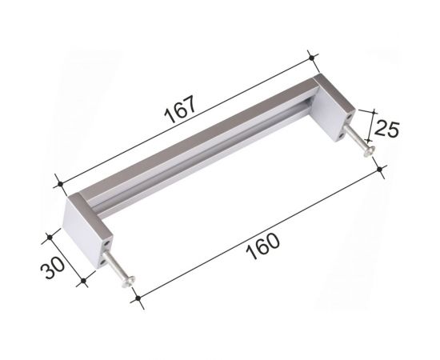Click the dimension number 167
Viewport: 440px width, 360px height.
(179, 110)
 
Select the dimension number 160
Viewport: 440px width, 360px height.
(262, 246)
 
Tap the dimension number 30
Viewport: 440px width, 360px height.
(53, 268)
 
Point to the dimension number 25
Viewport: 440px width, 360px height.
(386, 129)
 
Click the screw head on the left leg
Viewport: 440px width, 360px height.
(128, 282)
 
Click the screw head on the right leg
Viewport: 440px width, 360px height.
(370, 151)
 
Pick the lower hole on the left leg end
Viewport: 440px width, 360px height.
(102, 262)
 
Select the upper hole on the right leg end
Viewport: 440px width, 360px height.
(349, 117)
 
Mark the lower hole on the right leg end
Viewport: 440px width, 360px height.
(342, 135)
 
